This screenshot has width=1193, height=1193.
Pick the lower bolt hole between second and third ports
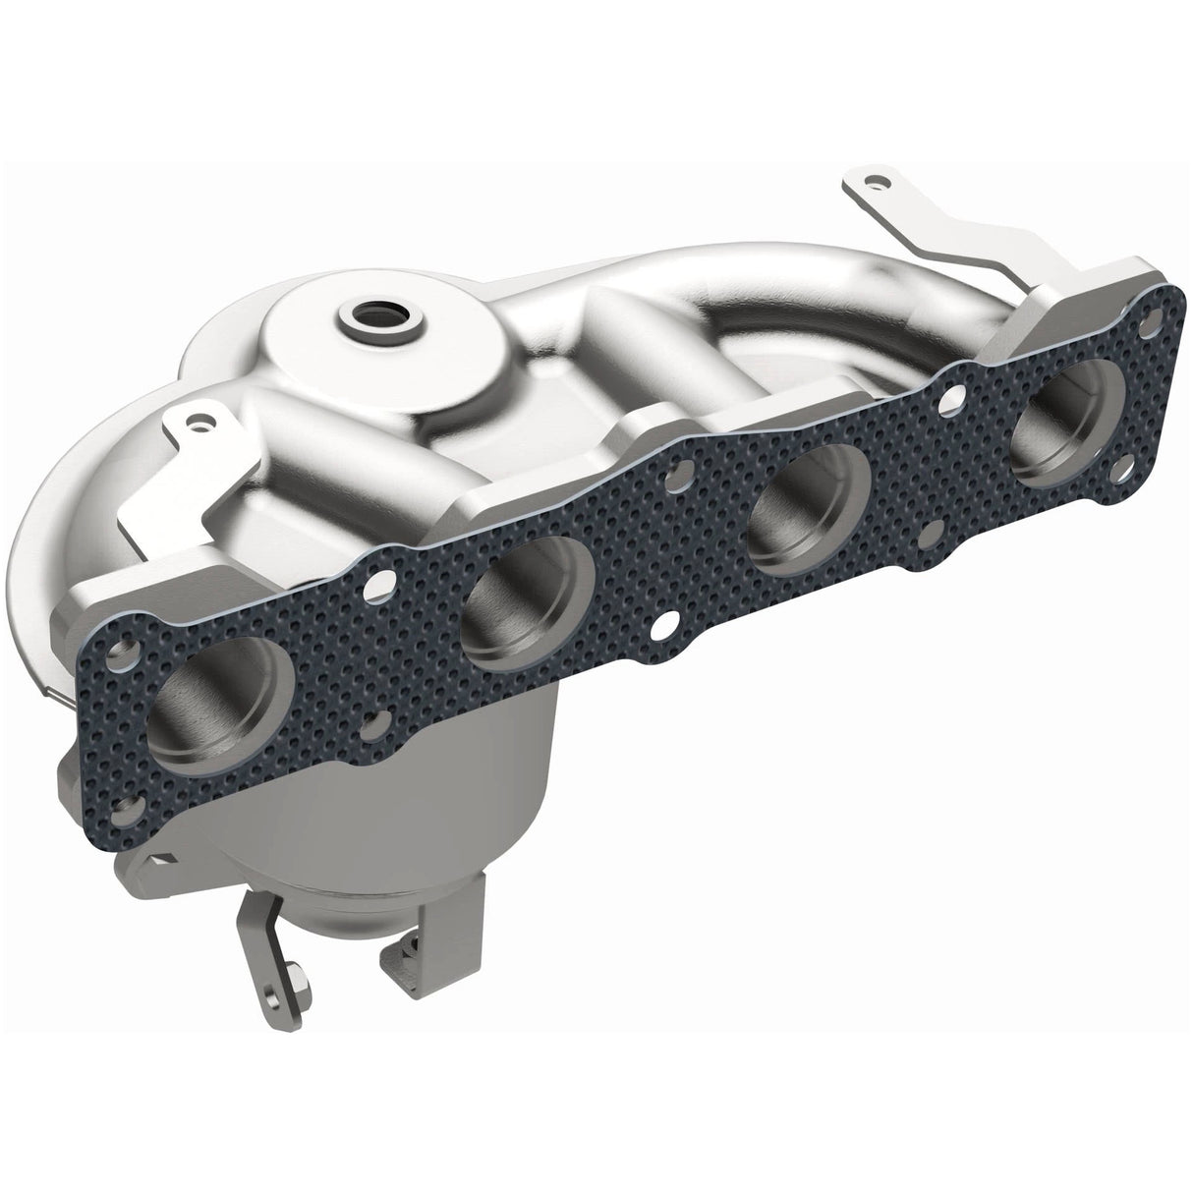[665, 625]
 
